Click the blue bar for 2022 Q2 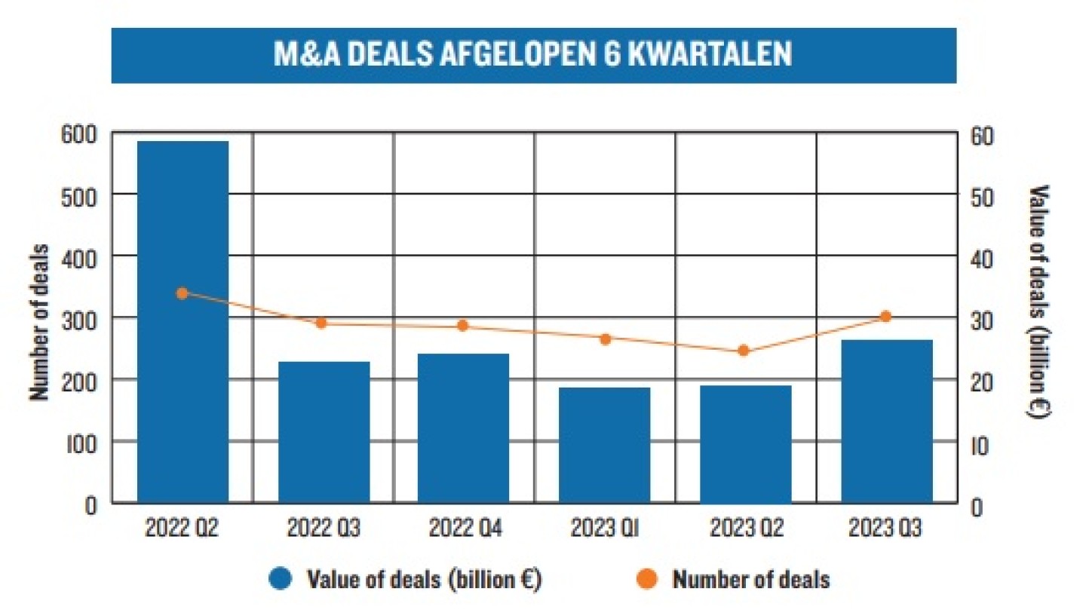pos(183,321)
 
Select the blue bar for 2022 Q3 pos(324,431)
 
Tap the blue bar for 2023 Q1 pos(605,444)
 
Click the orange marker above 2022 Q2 pos(182,293)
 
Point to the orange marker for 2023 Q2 pos(743,351)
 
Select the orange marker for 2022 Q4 pos(463,326)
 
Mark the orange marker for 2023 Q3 pos(886,317)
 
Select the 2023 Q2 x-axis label pos(746,529)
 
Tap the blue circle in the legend pos(281,579)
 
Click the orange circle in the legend pos(648,579)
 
